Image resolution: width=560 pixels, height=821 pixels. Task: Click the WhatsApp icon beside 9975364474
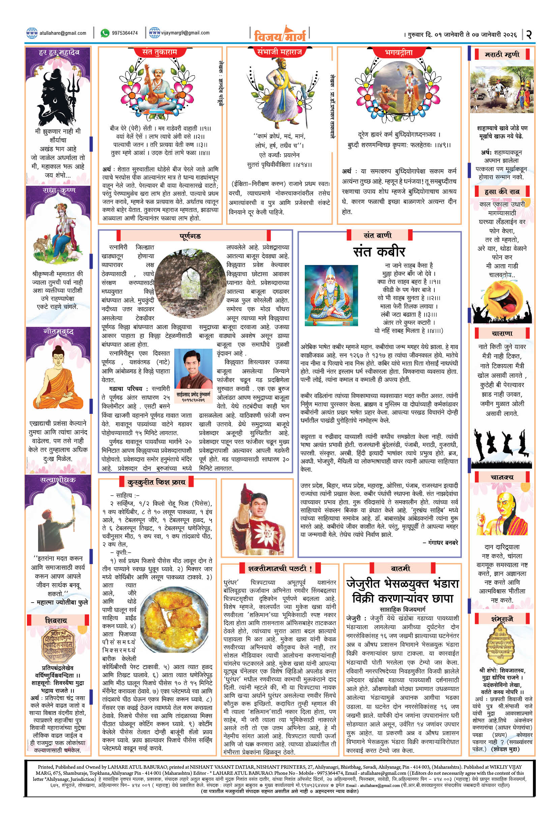(x=105, y=33)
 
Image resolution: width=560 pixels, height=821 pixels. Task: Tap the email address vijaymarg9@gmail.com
(x=185, y=33)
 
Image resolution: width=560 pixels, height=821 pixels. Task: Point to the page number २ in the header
(x=529, y=34)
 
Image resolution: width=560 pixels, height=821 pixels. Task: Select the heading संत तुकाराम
(x=159, y=52)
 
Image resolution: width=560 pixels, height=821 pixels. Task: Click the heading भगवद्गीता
(x=399, y=53)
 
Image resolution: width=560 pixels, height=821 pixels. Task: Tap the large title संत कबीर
(x=379, y=251)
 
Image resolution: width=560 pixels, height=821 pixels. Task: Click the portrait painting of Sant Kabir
(x=331, y=295)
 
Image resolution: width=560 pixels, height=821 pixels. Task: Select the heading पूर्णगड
(x=190, y=236)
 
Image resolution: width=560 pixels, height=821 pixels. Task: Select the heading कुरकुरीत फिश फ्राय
(x=156, y=482)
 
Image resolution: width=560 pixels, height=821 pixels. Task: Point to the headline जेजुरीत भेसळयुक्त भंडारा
(x=402, y=583)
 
